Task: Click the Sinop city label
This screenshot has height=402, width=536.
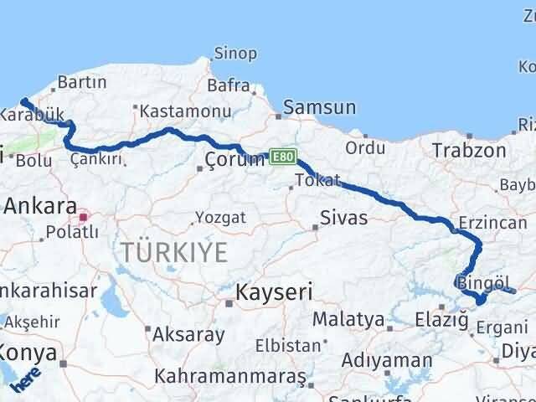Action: [x=235, y=54]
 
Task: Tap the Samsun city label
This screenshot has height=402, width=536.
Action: [x=320, y=107]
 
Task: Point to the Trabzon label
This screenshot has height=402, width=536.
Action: [x=469, y=151]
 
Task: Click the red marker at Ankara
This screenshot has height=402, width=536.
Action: [x=83, y=219]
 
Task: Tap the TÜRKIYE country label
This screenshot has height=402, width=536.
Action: [x=174, y=251]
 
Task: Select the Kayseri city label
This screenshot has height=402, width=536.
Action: [x=274, y=292]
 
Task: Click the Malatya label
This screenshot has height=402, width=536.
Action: [x=349, y=319]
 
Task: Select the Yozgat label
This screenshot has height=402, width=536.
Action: [x=220, y=218]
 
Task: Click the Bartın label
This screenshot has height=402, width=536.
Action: [x=83, y=82]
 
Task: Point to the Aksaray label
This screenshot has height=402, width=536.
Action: [x=188, y=335]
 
